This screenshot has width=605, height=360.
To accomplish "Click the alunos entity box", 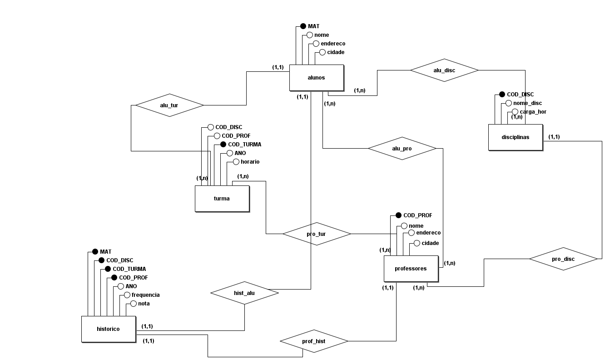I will click(x=316, y=78).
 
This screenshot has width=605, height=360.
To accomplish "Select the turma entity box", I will click(x=222, y=199).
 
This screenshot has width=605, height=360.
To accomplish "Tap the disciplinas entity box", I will click(x=515, y=137).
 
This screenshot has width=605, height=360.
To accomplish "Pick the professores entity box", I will click(x=411, y=269).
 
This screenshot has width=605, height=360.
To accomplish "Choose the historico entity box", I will click(x=108, y=329).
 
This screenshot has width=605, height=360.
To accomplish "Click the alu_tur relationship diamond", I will click(x=169, y=105).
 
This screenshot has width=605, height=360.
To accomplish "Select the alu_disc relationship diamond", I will click(x=444, y=70).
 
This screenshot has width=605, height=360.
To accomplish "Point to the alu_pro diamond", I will click(x=402, y=149).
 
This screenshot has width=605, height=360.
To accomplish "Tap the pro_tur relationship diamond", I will click(x=317, y=234).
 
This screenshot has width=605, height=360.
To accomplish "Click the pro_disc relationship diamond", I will click(x=563, y=259).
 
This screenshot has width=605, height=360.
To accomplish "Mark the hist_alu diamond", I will click(x=244, y=293).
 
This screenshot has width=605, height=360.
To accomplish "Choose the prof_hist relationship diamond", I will click(x=314, y=341).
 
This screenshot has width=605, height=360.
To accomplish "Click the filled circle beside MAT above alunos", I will click(x=303, y=26).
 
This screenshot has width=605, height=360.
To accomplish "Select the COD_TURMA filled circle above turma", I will click(x=223, y=145).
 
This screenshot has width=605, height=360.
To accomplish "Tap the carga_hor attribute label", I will click(x=533, y=112).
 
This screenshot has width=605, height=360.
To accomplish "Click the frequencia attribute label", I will click(x=145, y=295).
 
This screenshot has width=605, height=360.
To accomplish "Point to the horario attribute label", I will click(x=250, y=162).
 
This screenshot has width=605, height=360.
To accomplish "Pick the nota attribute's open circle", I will click(x=134, y=304).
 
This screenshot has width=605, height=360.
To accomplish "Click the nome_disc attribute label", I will click(x=527, y=103).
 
